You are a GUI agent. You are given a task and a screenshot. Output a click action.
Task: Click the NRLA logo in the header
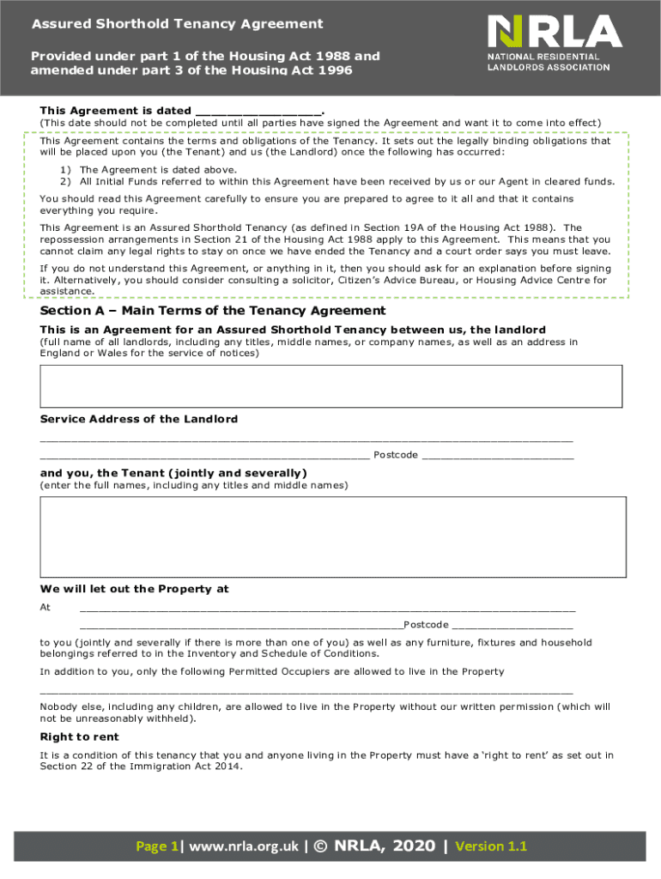point(554,32)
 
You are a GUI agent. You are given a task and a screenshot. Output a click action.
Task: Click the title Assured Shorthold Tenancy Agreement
point(178,24)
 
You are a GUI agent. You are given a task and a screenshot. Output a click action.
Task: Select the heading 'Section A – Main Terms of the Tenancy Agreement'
point(213,311)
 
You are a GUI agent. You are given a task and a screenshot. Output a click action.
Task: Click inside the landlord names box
point(330,385)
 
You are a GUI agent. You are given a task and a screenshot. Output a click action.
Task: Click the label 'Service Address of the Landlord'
point(139,419)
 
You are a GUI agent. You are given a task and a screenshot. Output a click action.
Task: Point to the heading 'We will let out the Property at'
point(135,589)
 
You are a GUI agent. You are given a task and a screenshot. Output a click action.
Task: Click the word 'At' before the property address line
point(45,607)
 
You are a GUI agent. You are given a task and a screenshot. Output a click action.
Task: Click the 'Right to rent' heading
point(80,737)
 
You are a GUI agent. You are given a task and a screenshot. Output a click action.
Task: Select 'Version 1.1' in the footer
point(491,846)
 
